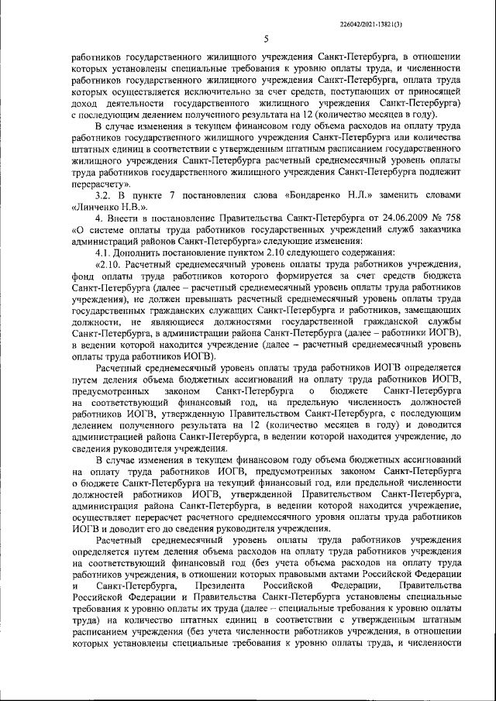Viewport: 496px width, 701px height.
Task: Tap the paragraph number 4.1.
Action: tap(105, 252)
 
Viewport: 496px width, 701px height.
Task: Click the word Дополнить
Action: tap(143, 252)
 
